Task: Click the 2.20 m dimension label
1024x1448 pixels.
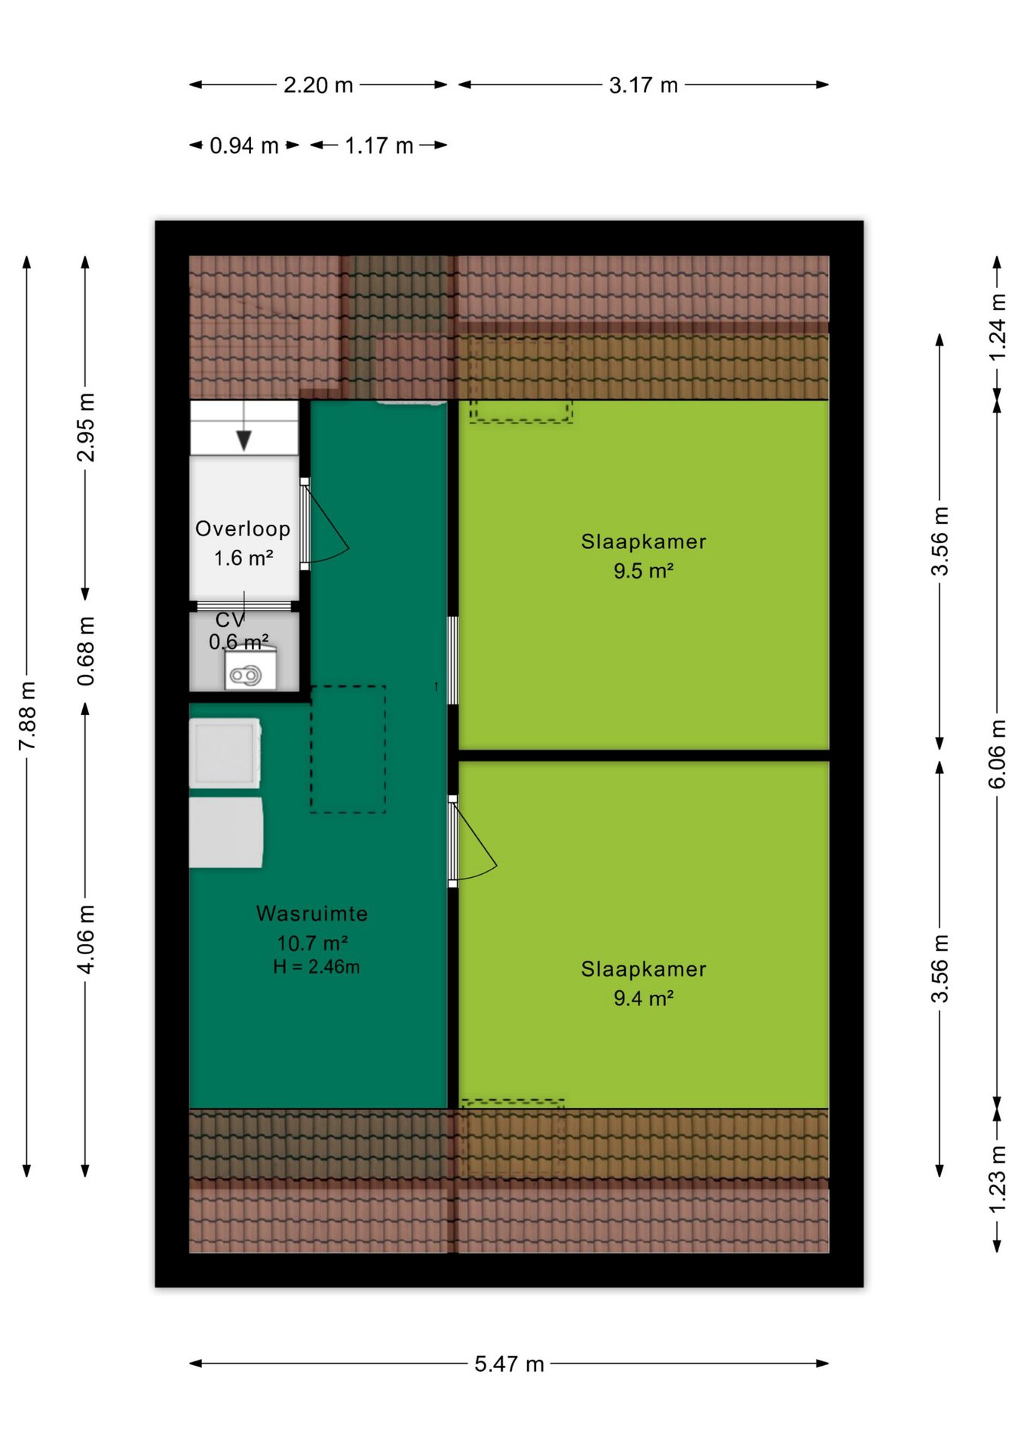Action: click(318, 85)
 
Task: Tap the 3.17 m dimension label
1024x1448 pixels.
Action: click(643, 85)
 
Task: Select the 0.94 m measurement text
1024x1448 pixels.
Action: click(244, 146)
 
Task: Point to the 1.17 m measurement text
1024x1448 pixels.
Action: click(379, 146)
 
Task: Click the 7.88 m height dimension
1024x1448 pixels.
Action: click(27, 716)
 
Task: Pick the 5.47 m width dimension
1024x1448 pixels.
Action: click(509, 1364)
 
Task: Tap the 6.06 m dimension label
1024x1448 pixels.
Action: click(997, 754)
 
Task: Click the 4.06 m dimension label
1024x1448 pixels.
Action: click(86, 939)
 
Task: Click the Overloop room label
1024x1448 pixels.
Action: click(243, 529)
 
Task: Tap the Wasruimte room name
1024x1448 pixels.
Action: click(312, 913)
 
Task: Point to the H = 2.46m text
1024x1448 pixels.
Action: click(317, 967)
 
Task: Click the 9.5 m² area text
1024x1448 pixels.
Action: click(643, 571)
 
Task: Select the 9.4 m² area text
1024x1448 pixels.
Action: click(643, 999)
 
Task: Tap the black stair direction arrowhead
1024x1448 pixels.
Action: click(244, 440)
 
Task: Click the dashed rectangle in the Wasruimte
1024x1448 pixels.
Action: click(348, 749)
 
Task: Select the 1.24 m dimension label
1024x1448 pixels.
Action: click(997, 327)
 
